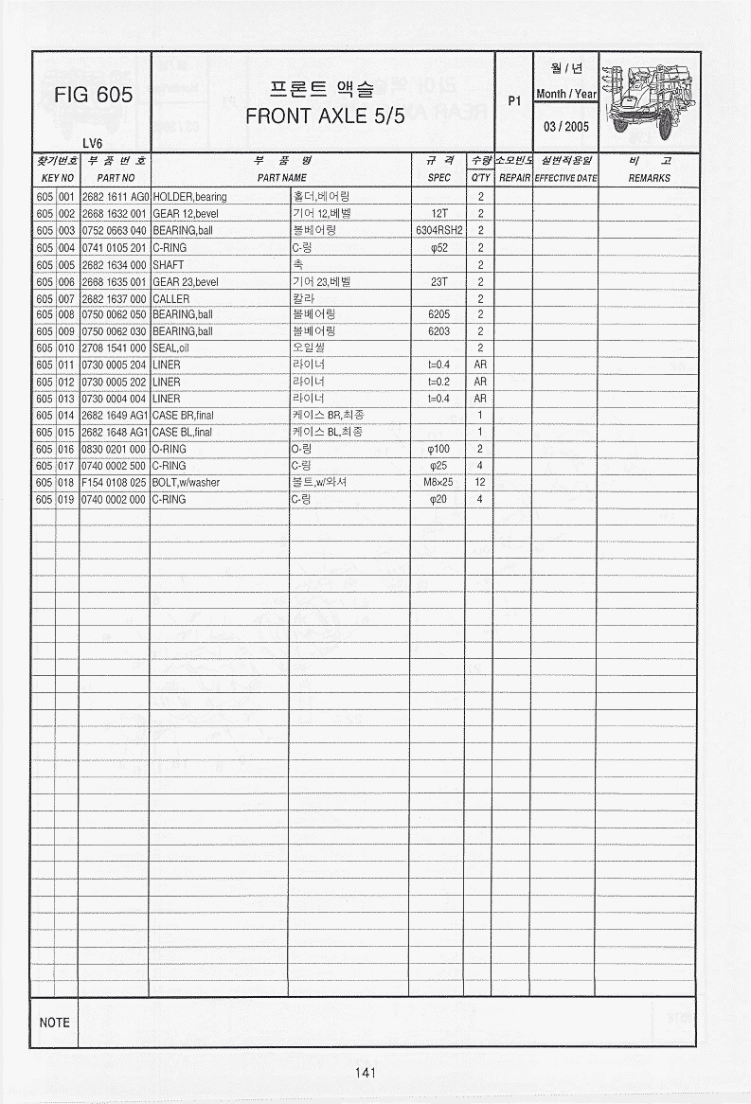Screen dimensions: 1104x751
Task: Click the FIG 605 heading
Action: click(x=93, y=96)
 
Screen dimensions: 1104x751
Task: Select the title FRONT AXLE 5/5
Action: click(x=325, y=118)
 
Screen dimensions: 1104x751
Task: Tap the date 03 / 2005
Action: click(x=565, y=127)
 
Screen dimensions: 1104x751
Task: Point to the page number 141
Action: click(x=366, y=1073)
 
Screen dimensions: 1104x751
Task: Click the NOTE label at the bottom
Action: click(x=55, y=1023)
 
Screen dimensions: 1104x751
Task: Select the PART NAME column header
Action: click(x=282, y=178)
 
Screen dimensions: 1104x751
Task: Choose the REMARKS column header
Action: click(x=649, y=178)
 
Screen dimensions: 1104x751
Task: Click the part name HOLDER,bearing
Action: click(x=189, y=197)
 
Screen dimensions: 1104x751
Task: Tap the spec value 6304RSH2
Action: click(x=438, y=230)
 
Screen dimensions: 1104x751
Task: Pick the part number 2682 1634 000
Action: click(x=114, y=264)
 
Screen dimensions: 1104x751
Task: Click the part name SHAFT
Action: click(x=168, y=264)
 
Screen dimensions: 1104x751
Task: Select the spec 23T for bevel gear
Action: click(x=438, y=281)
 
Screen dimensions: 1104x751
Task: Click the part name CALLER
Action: click(x=170, y=298)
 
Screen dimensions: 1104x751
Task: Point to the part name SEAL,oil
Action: click(x=171, y=348)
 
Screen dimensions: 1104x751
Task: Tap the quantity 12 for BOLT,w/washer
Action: click(x=480, y=482)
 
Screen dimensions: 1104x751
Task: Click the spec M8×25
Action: click(x=438, y=482)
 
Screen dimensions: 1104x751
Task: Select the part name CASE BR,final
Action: click(x=183, y=415)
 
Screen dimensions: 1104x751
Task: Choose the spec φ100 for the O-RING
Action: click(x=438, y=449)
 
